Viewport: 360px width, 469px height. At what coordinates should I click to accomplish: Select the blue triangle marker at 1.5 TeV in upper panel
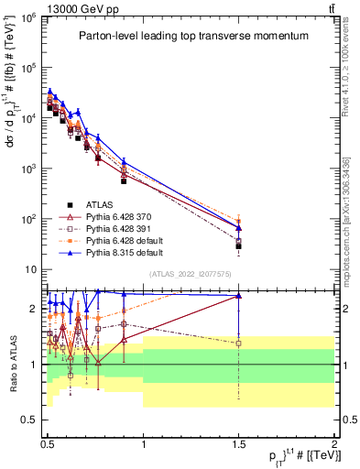(x=238, y=227)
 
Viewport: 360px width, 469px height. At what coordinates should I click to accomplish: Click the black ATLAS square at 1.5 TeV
(x=238, y=246)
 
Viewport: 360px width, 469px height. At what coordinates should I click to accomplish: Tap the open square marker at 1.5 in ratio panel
(x=238, y=343)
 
